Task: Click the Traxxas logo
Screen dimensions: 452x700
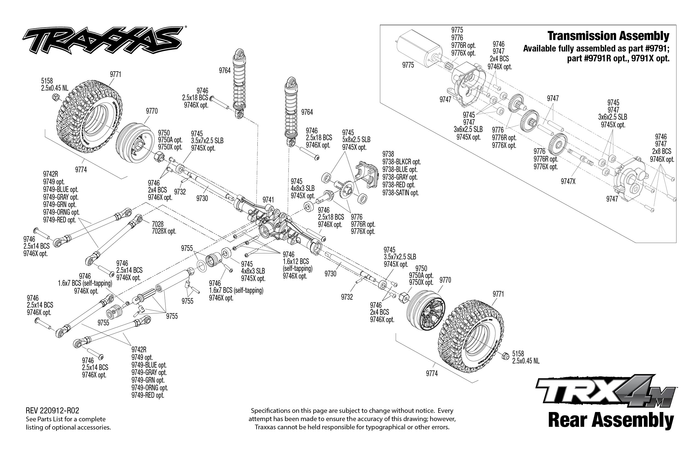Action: [103, 41]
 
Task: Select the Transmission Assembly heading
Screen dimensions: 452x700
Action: [608, 36]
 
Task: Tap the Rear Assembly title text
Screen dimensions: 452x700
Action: [611, 420]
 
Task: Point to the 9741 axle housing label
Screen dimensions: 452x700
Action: [268, 200]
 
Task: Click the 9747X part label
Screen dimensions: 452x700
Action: [568, 182]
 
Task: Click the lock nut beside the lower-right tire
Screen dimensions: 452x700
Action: [505, 356]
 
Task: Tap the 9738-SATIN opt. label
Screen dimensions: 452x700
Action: [400, 193]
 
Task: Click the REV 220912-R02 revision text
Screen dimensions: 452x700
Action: [52, 411]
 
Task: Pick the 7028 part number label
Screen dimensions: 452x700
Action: [158, 224]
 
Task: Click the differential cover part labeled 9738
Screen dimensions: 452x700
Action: [367, 174]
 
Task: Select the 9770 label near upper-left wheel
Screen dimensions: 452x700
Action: [152, 111]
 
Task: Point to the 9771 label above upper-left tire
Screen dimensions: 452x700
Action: [116, 75]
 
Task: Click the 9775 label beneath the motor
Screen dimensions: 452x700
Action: [408, 65]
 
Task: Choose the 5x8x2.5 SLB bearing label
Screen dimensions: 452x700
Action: [356, 140]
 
